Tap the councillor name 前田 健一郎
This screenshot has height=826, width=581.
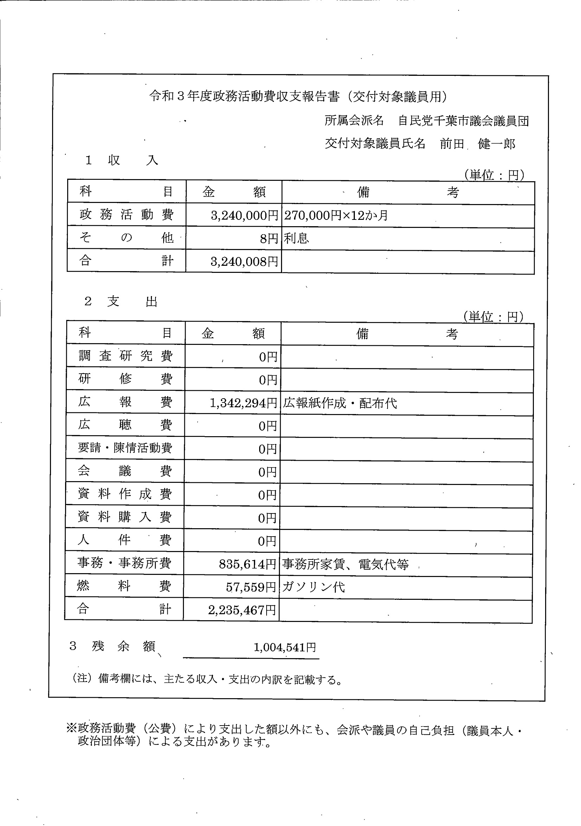(x=477, y=144)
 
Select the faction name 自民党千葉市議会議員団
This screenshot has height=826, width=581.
(x=463, y=121)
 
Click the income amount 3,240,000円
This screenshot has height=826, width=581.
(x=244, y=216)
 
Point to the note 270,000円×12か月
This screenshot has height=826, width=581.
(x=336, y=216)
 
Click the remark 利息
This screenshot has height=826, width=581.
(x=296, y=238)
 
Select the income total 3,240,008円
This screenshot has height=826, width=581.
(x=244, y=262)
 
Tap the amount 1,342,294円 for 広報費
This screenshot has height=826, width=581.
(x=243, y=403)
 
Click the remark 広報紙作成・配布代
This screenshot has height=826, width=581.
(x=340, y=403)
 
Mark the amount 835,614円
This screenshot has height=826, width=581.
(x=248, y=564)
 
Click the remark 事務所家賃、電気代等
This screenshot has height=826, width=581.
(x=345, y=564)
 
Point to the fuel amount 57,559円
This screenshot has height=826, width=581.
(x=251, y=587)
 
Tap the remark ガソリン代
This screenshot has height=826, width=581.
(x=313, y=587)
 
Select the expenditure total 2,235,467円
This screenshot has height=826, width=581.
(x=242, y=610)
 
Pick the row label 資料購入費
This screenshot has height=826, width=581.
(x=124, y=517)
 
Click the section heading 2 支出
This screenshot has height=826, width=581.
(x=121, y=301)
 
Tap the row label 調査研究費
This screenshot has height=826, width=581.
(x=125, y=356)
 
